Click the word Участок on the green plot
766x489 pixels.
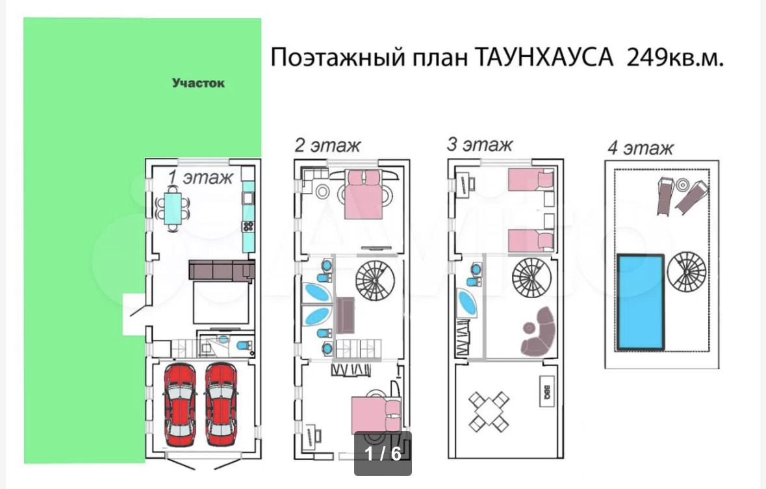pos(198,83)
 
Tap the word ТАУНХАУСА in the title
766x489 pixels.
pos(544,57)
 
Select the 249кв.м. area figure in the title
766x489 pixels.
pos(674,57)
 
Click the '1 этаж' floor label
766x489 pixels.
pos(199,178)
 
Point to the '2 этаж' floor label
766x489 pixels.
pos(327,144)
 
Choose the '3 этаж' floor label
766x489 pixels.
pos(479,144)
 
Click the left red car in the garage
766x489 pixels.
pos(180,404)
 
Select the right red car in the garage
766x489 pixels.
pos(221,404)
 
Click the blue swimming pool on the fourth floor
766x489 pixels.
pos(641,301)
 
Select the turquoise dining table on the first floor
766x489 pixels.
pos(173,207)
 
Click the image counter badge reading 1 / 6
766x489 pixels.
pos(383,453)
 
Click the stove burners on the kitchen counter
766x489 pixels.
pos(248,226)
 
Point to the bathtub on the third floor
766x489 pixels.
pos(467,302)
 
